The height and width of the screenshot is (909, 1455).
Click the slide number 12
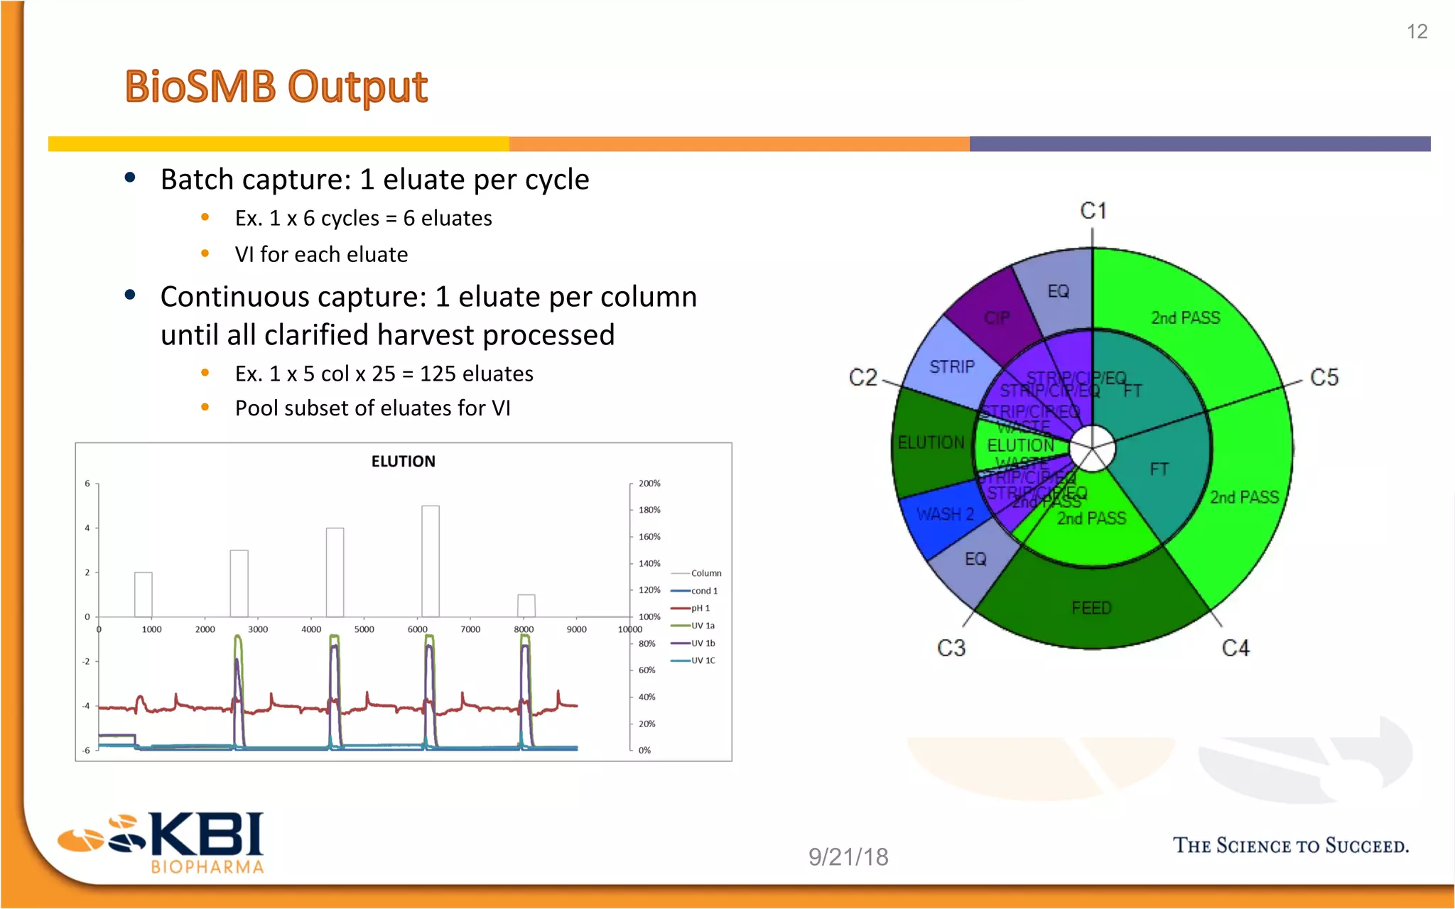[x=1417, y=32]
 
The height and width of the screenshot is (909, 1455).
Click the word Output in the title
[x=357, y=87]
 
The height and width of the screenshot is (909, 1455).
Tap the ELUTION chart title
[x=403, y=462]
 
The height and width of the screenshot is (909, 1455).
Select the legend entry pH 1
[x=700, y=609]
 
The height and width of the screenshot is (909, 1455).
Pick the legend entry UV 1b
[x=703, y=643]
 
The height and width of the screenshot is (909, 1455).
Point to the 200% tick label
[x=649, y=484]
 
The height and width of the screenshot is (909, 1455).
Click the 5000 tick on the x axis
[x=364, y=629]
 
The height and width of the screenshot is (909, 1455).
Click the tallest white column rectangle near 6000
[x=431, y=561]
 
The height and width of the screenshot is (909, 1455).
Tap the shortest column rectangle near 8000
[x=526, y=606]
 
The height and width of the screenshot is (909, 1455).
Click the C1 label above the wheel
[x=1093, y=211]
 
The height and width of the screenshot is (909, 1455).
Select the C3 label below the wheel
[x=951, y=648]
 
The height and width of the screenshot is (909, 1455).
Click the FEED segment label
[x=1091, y=608]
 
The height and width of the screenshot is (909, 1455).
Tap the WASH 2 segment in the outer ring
[x=944, y=514]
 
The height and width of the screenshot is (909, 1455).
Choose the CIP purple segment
[x=996, y=317]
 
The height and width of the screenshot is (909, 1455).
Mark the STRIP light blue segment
[x=951, y=367]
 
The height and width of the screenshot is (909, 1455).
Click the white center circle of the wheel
[x=1092, y=448]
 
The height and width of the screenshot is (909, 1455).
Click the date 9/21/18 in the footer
[x=848, y=857]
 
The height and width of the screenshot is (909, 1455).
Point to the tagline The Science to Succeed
[x=1290, y=846]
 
